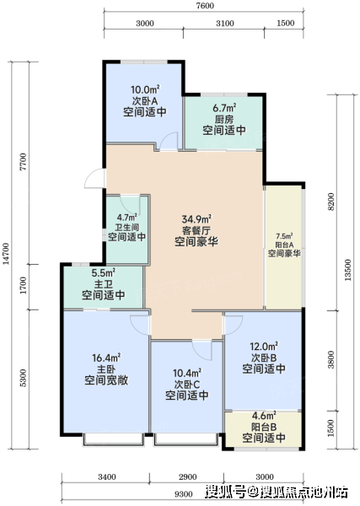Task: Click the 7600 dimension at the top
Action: click(x=205, y=6)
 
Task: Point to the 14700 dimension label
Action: click(x=6, y=254)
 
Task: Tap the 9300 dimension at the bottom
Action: click(x=183, y=494)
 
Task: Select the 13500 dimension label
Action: click(x=347, y=270)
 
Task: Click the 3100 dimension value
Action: click(x=225, y=24)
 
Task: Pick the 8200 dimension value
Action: click(x=331, y=202)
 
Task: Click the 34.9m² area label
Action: click(x=196, y=219)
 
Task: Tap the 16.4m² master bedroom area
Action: click(x=106, y=358)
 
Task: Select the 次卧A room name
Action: click(x=145, y=100)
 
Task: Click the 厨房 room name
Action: click(x=224, y=119)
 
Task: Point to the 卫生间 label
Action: click(x=126, y=227)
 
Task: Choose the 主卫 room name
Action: click(x=104, y=284)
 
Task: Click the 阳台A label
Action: click(x=284, y=245)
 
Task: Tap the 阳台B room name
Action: click(x=264, y=427)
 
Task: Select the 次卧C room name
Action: click(x=187, y=385)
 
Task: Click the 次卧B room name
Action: click(x=264, y=358)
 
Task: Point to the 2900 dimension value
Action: click(x=187, y=477)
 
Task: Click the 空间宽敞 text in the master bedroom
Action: click(x=106, y=380)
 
